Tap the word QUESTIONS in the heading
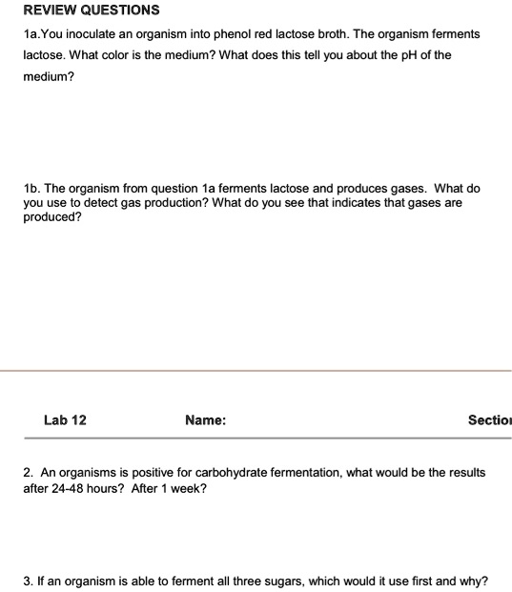[121, 10]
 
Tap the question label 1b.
[31, 189]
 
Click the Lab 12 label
[65, 419]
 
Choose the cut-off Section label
[489, 419]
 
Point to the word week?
[185, 488]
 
